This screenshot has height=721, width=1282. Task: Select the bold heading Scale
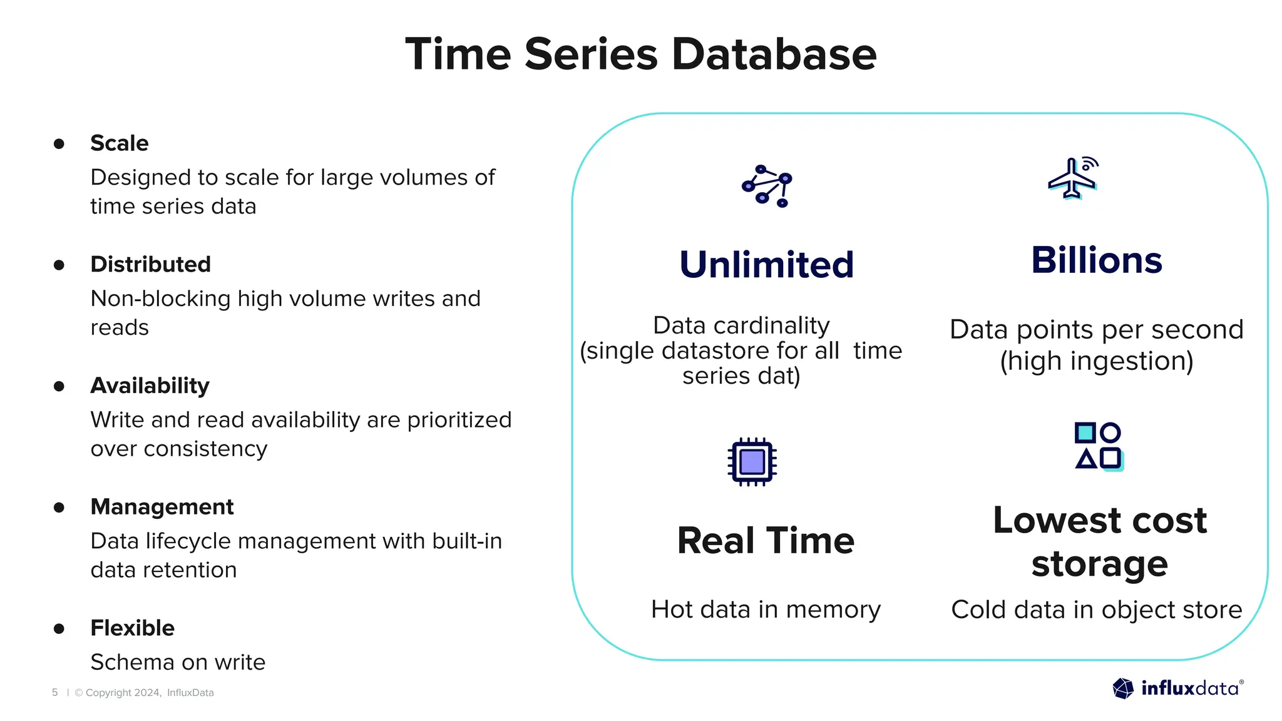pyautogui.click(x=120, y=143)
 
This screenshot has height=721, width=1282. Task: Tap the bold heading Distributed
pyautogui.click(x=150, y=264)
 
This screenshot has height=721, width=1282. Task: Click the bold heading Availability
pyautogui.click(x=150, y=386)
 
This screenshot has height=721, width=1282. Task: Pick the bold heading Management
pyautogui.click(x=162, y=506)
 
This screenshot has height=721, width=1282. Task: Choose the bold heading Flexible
pyautogui.click(x=132, y=628)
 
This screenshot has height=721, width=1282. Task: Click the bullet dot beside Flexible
pyautogui.click(x=59, y=628)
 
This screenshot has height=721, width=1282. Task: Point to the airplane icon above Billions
pyautogui.click(x=1073, y=178)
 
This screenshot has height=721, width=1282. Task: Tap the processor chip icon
pyautogui.click(x=752, y=462)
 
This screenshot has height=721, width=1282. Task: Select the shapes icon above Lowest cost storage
pyautogui.click(x=1099, y=446)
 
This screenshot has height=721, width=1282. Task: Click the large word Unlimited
pyautogui.click(x=766, y=264)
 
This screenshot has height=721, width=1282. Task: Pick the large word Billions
pyautogui.click(x=1096, y=260)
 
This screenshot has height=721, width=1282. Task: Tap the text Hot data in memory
pyautogui.click(x=766, y=609)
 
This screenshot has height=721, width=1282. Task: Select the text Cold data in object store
pyautogui.click(x=1096, y=609)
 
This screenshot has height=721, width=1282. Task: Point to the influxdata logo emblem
pyautogui.click(x=1123, y=688)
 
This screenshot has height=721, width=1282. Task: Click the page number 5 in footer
pyautogui.click(x=55, y=692)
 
